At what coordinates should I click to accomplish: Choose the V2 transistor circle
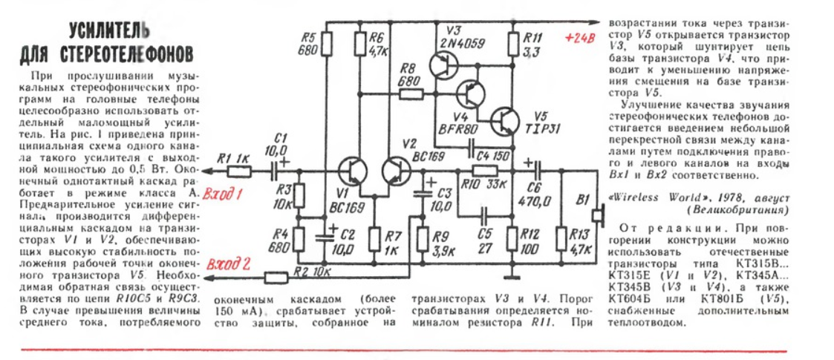coord(397,171)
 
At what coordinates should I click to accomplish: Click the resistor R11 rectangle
coord(513,44)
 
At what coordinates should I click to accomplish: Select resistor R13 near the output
coord(561,240)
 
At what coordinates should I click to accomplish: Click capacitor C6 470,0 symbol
coord(536,171)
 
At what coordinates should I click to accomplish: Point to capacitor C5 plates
coord(484,216)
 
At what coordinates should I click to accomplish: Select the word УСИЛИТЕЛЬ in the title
coord(106,33)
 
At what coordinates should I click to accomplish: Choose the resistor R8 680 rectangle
coord(411,95)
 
